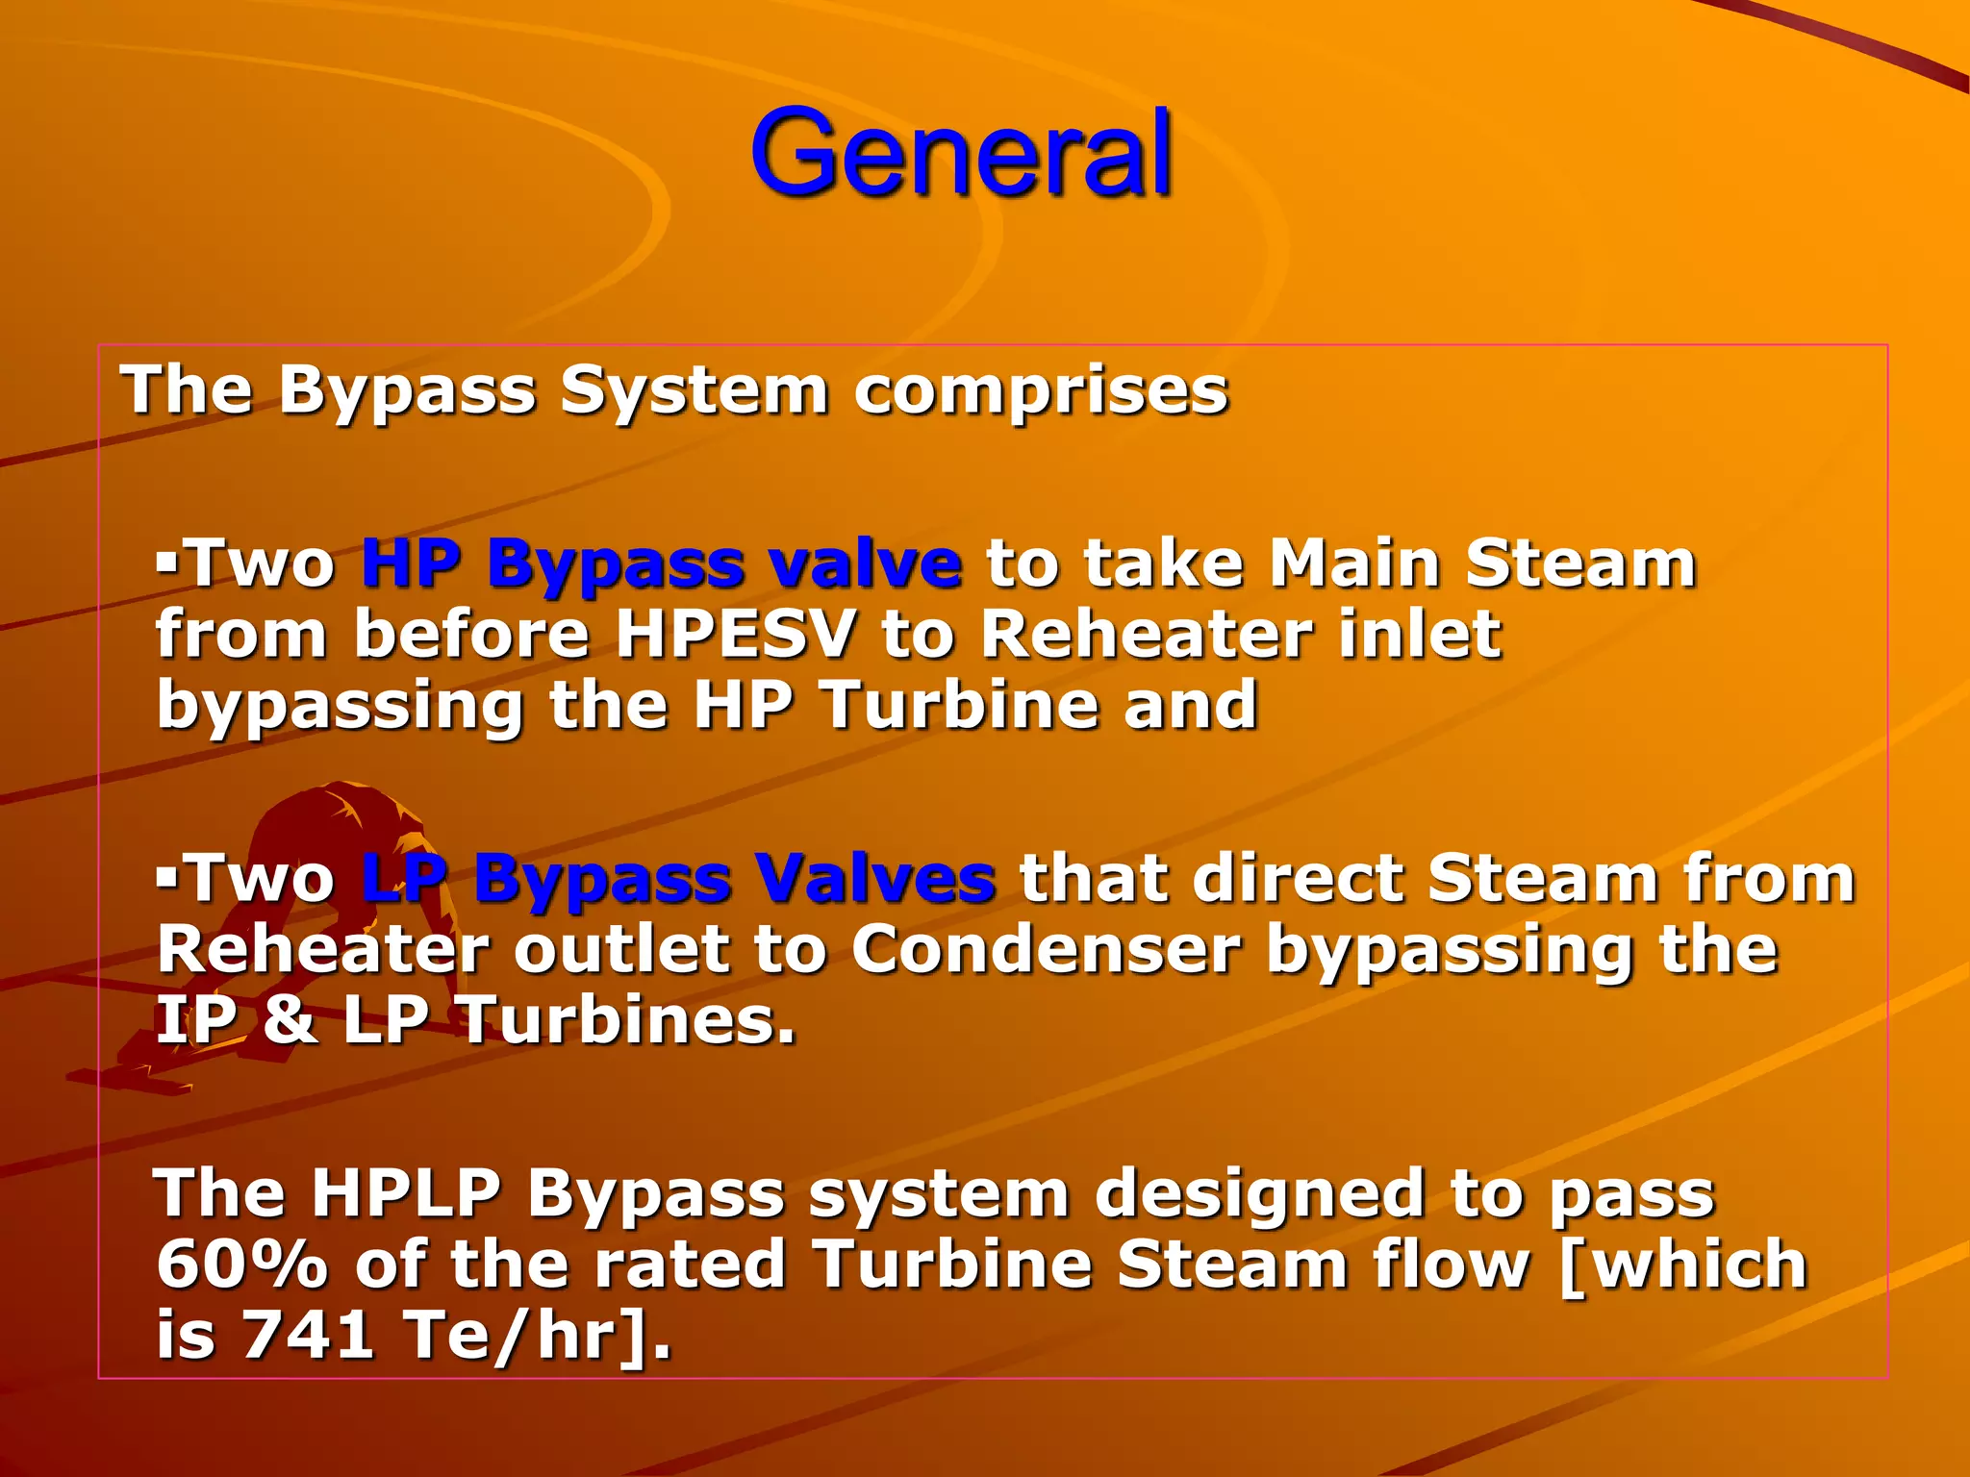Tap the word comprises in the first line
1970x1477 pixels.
pyautogui.click(x=1041, y=392)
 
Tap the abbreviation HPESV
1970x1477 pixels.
pyautogui.click(x=735, y=635)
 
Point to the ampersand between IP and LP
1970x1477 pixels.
pyautogui.click(x=290, y=1020)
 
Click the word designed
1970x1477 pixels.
pyautogui.click(x=1259, y=1194)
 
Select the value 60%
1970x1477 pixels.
pyautogui.click(x=242, y=1264)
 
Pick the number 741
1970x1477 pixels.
pyautogui.click(x=308, y=1335)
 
